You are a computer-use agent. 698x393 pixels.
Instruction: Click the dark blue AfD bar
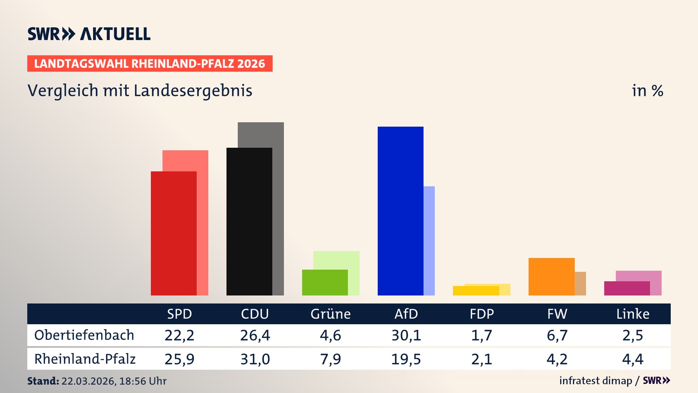pos(400,211)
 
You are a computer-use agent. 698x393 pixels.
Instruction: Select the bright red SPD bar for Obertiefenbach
pos(174,233)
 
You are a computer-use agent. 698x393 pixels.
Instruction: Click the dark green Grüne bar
pos(325,282)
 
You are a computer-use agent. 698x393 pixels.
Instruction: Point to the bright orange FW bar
pos(551,277)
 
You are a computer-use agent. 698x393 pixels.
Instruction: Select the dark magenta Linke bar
pos(627,288)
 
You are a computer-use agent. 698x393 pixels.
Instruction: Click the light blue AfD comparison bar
pos(429,240)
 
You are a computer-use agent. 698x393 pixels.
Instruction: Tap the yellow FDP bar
pos(476,291)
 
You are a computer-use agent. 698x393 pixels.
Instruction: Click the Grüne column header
pos(330,314)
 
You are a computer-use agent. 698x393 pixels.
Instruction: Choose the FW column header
pos(557,314)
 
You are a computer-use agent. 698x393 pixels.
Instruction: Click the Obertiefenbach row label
pos(84,335)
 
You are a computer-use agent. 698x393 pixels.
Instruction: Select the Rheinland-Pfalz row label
pos(85,359)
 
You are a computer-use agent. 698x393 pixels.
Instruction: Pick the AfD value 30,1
pos(406,335)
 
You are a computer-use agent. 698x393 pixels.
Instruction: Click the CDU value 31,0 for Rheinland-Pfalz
pos(255,359)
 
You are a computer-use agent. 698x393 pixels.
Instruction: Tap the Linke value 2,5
pos(633,335)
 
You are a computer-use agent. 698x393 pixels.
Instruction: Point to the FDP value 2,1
pos(481,359)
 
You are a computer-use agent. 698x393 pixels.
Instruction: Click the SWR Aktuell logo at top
pos(89,34)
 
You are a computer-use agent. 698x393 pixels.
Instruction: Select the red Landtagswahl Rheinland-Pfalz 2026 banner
pos(149,64)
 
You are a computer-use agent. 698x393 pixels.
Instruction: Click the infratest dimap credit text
pos(595,381)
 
